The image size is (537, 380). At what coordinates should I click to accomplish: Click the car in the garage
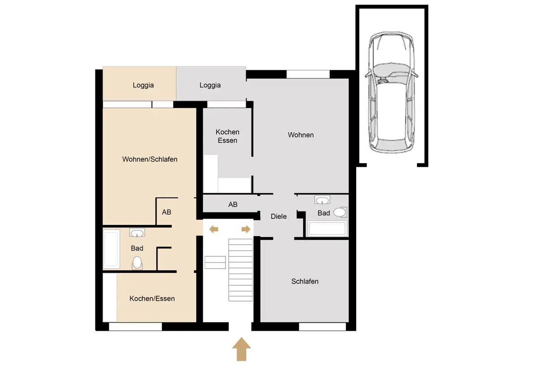[x=391, y=92]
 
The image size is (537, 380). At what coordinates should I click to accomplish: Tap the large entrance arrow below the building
[x=241, y=349]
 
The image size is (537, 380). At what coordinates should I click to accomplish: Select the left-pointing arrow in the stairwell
[x=213, y=229]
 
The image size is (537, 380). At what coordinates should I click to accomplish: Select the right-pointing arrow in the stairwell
[x=246, y=229]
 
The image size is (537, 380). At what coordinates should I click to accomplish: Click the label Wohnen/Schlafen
[x=150, y=159]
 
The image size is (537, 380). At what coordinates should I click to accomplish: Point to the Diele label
[x=278, y=216]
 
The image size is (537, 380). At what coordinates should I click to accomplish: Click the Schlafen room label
[x=305, y=281]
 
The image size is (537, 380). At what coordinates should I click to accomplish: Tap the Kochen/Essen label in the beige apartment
[x=152, y=298]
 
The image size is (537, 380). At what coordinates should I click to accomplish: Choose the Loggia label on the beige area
[x=143, y=85]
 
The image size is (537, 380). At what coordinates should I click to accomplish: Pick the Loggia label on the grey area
[x=210, y=85]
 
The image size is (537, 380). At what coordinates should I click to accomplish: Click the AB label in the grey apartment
[x=233, y=204]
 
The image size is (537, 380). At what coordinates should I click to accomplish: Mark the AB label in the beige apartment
[x=166, y=212]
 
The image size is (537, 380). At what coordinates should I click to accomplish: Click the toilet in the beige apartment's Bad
[x=137, y=263]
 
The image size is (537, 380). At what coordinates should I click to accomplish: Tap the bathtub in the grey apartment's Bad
[x=327, y=228]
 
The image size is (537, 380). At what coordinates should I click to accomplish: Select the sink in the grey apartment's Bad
[x=322, y=200]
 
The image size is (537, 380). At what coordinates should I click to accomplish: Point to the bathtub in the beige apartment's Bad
[x=111, y=249]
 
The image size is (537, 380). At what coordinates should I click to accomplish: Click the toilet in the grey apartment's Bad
[x=341, y=212]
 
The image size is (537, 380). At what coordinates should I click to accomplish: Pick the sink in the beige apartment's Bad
[x=137, y=233]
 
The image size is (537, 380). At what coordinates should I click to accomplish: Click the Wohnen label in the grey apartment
[x=301, y=135]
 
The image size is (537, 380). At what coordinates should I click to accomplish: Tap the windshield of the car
[x=392, y=69]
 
